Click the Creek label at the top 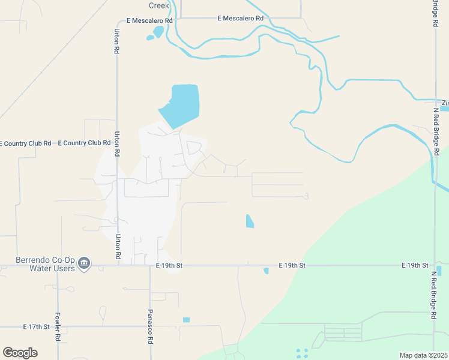pyautogui.click(x=159, y=5)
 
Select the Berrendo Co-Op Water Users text pyautogui.click(x=45, y=265)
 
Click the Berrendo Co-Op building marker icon pyautogui.click(x=85, y=263)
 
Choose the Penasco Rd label pyautogui.click(x=150, y=326)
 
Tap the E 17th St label pyautogui.click(x=35, y=327)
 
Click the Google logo pyautogui.click(x=20, y=352)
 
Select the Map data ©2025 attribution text pyautogui.click(x=423, y=355)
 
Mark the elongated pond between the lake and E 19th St pyautogui.click(x=250, y=221)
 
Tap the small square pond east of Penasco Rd pyautogui.click(x=186, y=320)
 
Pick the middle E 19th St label pyautogui.click(x=292, y=265)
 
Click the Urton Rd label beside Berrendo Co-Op pyautogui.click(x=118, y=247)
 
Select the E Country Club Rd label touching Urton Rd pyautogui.click(x=84, y=143)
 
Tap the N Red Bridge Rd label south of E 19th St pyautogui.click(x=433, y=299)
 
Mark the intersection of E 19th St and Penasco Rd pyautogui.click(x=150, y=265)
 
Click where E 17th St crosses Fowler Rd pyautogui.click(x=58, y=327)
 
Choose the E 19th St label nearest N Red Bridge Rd pyautogui.click(x=415, y=265)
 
